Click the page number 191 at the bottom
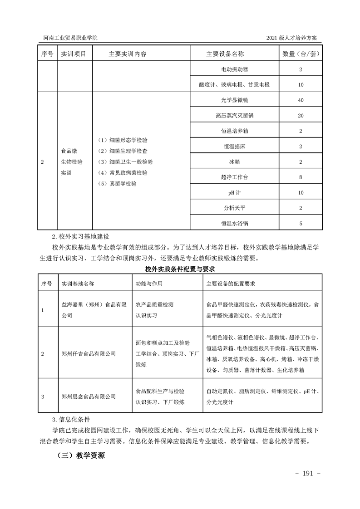pyautogui.click(x=308, y=474)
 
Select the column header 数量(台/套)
pyautogui.click(x=301, y=54)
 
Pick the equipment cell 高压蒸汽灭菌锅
pyautogui.click(x=235, y=116)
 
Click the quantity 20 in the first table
pyautogui.click(x=301, y=116)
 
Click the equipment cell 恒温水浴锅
pyautogui.click(x=235, y=223)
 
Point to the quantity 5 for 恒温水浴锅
pyautogui.click(x=301, y=223)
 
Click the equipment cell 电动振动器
pyautogui.click(x=235, y=69)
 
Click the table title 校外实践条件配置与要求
pyautogui.click(x=180, y=269)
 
